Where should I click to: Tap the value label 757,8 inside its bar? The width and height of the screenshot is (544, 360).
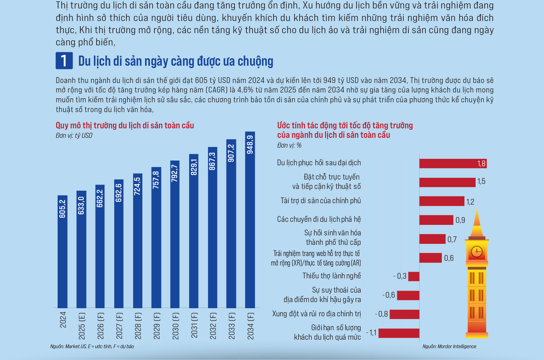tap(156, 180)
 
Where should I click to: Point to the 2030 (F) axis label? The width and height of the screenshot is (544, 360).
tap(175, 325)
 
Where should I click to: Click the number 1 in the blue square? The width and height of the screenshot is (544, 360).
tap(64, 61)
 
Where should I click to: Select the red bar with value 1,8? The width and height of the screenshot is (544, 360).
tap(452, 164)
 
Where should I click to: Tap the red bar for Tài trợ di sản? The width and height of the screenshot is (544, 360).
tap(441, 201)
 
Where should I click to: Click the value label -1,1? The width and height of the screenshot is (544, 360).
tap(371, 333)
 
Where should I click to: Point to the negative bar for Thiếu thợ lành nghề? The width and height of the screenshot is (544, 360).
tap(414, 276)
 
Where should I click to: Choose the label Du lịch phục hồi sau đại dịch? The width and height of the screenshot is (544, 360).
tap(319, 163)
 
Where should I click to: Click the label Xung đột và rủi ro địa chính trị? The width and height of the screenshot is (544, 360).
tap(316, 314)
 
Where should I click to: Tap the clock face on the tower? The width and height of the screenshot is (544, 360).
tap(477, 251)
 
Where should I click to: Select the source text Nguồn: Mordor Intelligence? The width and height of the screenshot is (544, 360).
tap(449, 346)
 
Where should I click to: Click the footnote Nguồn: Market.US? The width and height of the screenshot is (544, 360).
tap(92, 346)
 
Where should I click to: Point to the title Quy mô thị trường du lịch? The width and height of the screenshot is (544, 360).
tap(125, 126)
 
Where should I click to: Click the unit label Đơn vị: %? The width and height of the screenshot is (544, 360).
tap(289, 145)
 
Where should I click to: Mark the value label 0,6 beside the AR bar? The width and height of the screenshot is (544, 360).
tap(449, 258)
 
